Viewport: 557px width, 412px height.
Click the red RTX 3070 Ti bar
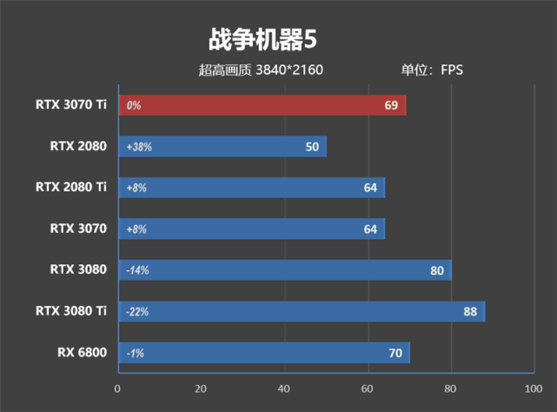(261, 105)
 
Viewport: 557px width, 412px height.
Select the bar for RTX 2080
(222, 147)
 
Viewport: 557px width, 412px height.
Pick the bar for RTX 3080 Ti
(300, 311)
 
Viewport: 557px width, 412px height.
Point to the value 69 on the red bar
(391, 105)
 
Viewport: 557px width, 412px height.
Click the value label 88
(469, 311)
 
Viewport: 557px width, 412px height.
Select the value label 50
(313, 147)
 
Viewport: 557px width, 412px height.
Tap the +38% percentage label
(139, 147)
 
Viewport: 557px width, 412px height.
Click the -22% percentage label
(137, 311)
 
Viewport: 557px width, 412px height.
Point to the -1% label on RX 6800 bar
(134, 353)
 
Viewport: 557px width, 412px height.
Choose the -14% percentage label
(137, 270)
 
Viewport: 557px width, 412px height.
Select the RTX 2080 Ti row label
(70, 187)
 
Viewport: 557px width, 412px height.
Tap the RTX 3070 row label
(77, 229)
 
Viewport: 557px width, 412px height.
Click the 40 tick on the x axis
(284, 389)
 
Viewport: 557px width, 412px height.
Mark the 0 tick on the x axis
(118, 389)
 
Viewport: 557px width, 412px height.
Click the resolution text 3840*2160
(289, 70)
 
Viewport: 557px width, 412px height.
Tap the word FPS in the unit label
(452, 70)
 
